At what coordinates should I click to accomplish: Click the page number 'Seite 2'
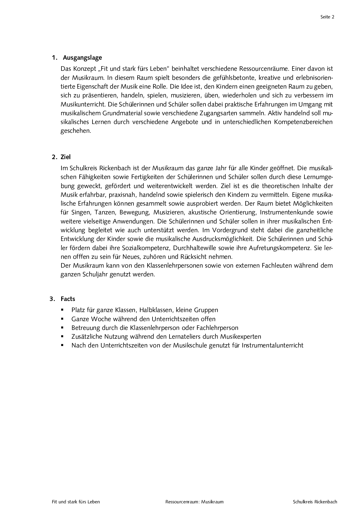tap(327, 17)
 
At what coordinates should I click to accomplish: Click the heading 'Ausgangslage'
tap(82, 58)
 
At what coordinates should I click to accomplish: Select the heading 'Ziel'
tap(66, 157)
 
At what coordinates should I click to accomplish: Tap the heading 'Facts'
tap(68, 299)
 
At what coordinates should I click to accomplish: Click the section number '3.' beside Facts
tap(52, 299)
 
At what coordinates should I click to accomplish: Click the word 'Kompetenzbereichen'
tap(303, 122)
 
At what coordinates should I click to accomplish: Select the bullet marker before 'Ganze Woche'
tap(62, 319)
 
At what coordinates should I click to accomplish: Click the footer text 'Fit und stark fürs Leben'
tap(76, 502)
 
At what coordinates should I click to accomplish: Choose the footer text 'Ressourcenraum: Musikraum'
tap(194, 502)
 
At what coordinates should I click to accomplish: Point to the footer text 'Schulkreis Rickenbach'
tap(315, 502)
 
